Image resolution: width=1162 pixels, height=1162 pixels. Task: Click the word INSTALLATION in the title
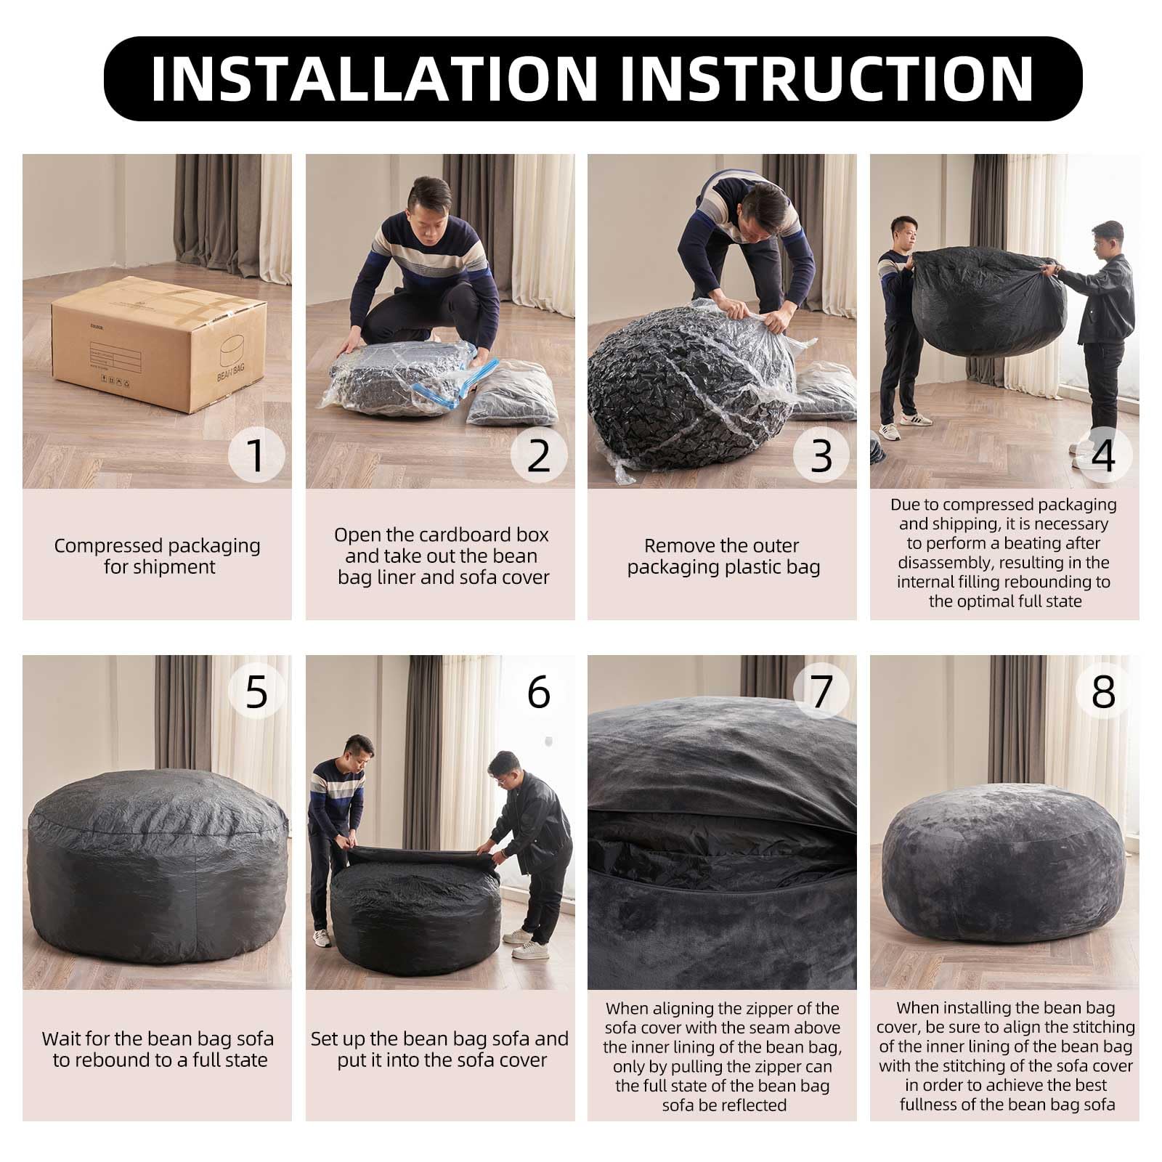click(x=374, y=78)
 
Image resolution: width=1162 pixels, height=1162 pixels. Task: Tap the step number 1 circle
click(x=256, y=455)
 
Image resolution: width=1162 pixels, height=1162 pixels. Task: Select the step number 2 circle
click(x=539, y=455)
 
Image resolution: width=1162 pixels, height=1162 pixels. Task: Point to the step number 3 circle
click(x=821, y=455)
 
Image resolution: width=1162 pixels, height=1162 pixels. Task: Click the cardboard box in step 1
click(x=159, y=342)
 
